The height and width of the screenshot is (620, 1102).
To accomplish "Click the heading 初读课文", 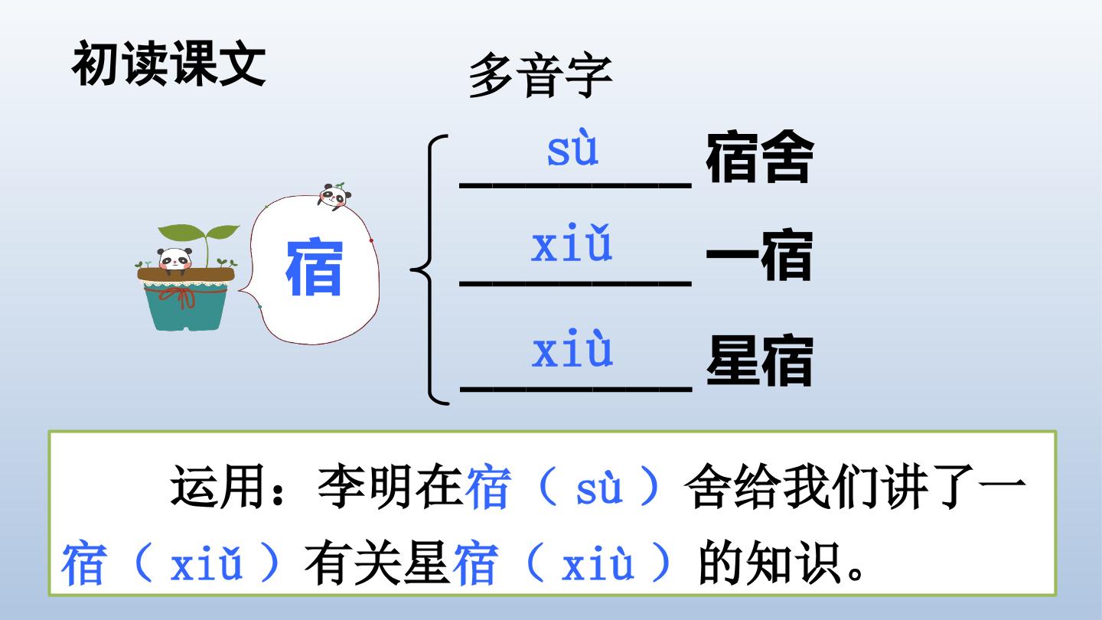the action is tap(168, 64).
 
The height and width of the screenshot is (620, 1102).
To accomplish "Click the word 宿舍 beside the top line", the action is tap(760, 157).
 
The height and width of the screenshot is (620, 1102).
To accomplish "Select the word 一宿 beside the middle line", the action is tap(759, 254).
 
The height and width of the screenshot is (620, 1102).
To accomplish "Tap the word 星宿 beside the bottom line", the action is tap(760, 361).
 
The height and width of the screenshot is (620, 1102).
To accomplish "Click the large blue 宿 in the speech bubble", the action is tap(315, 267).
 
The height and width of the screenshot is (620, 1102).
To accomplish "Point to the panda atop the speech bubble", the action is tap(334, 196).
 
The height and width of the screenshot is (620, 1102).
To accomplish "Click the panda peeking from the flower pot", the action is tap(174, 259).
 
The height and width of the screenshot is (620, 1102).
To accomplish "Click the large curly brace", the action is tap(431, 269).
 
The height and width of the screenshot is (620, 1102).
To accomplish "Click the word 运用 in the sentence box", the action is tap(219, 486).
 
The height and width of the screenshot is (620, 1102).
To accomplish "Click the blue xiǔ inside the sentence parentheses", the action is tap(207, 564).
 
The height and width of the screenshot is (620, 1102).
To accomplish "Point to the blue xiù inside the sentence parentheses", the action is tap(598, 564).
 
